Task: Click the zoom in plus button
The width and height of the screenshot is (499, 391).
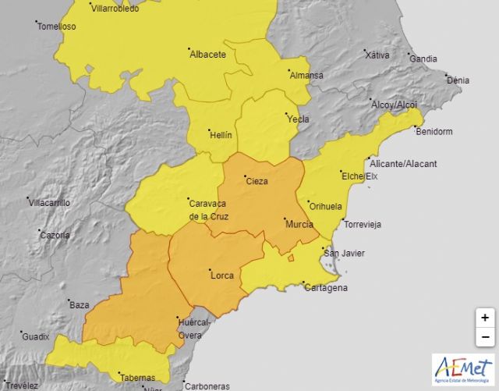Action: coord(485,318)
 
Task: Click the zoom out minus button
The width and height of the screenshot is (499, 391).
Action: coord(485,336)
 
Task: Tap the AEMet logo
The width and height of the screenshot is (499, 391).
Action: coord(463,369)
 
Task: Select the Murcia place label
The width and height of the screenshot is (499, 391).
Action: coord(299,224)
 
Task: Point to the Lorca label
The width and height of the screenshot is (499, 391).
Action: coord(222,275)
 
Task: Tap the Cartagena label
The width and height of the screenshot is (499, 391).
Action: coord(326,288)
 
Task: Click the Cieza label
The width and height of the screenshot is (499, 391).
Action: coord(257,182)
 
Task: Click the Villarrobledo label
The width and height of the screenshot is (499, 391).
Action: coord(115,9)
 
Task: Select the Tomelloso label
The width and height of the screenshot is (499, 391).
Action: coord(58,27)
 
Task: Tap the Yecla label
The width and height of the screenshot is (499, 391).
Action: coord(298,119)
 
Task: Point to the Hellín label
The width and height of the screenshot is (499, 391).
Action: coord(221,135)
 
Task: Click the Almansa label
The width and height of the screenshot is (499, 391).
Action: coord(306,76)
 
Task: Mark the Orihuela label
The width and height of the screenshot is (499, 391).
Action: coord(326,207)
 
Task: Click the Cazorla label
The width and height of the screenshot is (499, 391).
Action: coord(55,235)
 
